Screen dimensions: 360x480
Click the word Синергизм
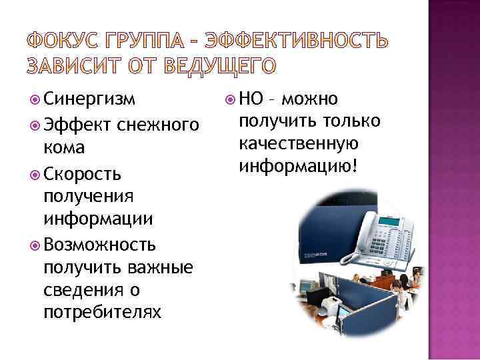pyautogui.click(x=89, y=101)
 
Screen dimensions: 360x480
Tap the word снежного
pyautogui.click(x=157, y=125)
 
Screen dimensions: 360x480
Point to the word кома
pyautogui.click(x=65, y=147)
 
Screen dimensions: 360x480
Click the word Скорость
pyautogui.click(x=82, y=174)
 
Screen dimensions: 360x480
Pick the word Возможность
pyautogui.click(x=99, y=243)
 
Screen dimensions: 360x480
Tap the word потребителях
pyautogui.click(x=101, y=312)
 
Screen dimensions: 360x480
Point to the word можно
pyautogui.click(x=309, y=101)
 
